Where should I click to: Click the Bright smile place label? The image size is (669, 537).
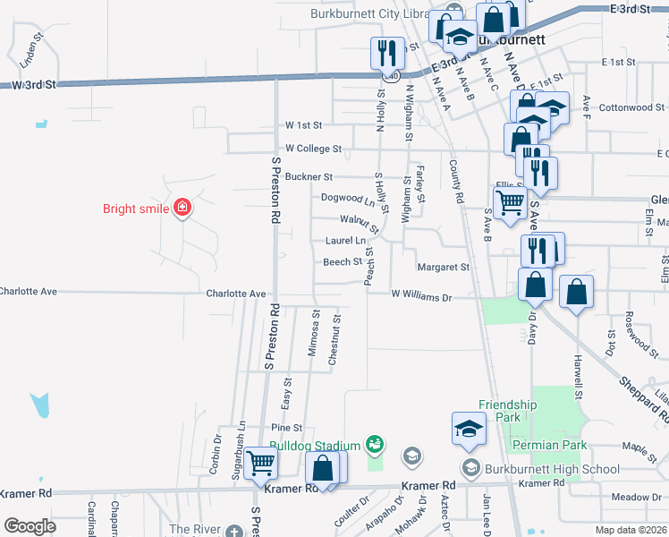click(x=134, y=209)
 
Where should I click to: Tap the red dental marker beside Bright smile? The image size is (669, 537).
click(x=182, y=209)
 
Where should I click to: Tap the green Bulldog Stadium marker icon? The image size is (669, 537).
click(x=375, y=444)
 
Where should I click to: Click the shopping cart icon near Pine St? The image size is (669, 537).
click(x=260, y=464)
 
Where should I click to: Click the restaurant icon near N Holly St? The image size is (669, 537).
click(x=386, y=53)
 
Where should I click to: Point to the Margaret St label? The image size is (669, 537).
click(x=444, y=268)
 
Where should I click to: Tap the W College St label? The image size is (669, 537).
click(x=313, y=149)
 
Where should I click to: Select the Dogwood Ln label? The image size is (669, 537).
click(x=348, y=198)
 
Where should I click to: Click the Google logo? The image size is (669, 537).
click(x=30, y=526)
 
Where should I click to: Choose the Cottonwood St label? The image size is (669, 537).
click(x=626, y=107)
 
